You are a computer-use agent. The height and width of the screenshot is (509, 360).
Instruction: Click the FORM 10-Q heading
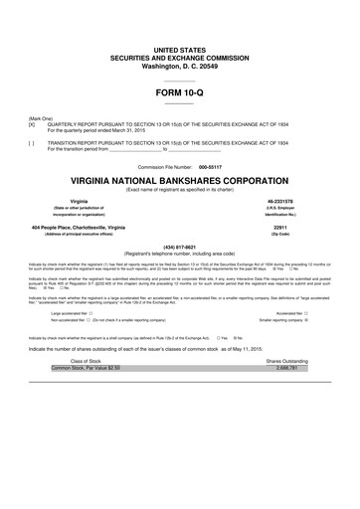(x=179, y=91)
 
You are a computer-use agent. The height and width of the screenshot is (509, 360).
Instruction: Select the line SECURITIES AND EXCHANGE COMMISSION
(x=179, y=56)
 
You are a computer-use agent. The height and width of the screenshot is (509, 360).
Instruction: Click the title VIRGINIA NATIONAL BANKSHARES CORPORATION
(x=179, y=183)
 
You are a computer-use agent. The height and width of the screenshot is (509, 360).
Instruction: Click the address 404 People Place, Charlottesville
(x=84, y=228)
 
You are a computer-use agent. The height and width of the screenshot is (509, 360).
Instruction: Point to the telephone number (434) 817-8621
(x=179, y=248)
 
